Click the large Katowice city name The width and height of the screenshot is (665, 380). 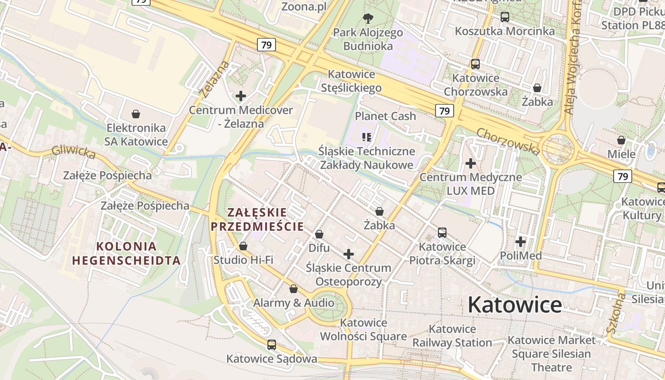click(x=514, y=304)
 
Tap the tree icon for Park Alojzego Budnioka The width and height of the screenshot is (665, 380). click(x=368, y=19)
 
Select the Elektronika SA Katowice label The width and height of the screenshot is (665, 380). click(x=137, y=134)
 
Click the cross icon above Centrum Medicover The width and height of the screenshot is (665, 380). click(x=241, y=96)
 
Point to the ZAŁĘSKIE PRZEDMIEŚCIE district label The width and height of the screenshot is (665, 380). click(x=257, y=219)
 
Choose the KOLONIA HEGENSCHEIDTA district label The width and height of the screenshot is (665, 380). click(x=126, y=253)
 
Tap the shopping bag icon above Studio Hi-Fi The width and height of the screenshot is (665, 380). click(x=243, y=246)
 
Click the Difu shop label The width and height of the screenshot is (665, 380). click(x=319, y=248)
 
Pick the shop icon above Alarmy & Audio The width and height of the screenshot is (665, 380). click(x=294, y=289)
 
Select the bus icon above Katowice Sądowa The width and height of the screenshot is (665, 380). click(x=272, y=345)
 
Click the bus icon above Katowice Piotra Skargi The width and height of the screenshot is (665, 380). click(x=442, y=233)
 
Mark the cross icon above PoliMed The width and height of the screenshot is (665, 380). click(x=521, y=242)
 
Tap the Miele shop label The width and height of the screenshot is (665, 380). click(x=621, y=154)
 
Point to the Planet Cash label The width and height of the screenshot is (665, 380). click(x=385, y=116)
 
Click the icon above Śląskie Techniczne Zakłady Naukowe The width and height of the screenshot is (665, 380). click(x=366, y=137)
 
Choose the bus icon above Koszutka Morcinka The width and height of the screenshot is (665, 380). click(x=505, y=17)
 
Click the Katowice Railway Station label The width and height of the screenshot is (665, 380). click(x=452, y=335)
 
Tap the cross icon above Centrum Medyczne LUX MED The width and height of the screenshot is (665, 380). click(x=471, y=163)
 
